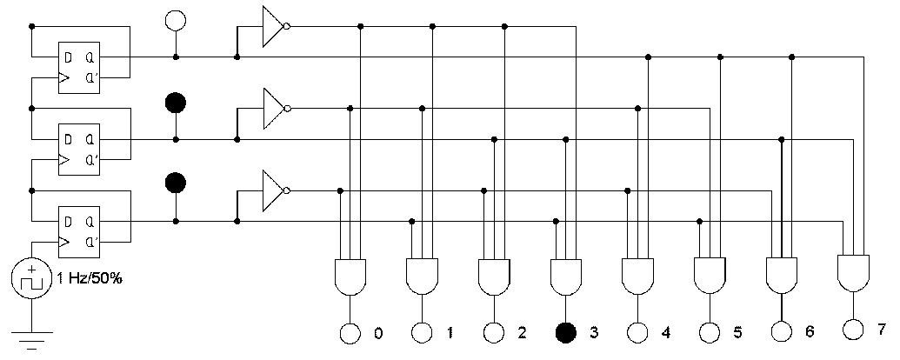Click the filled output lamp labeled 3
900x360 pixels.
566,331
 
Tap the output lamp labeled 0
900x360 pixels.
350,331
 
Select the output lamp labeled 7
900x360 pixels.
853,328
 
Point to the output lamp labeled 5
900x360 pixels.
710,331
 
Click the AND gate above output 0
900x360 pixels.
350,276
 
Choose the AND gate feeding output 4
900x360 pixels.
637,276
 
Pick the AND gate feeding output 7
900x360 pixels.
853,271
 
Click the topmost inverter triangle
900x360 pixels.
273,26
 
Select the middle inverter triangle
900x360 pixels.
273,109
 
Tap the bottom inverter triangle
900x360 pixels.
273,190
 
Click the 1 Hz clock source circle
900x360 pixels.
31,281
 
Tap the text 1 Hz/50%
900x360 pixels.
90,279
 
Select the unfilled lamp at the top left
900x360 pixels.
176,20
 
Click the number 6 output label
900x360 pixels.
809,332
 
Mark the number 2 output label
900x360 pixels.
521,332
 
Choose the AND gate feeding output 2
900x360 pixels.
494,276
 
